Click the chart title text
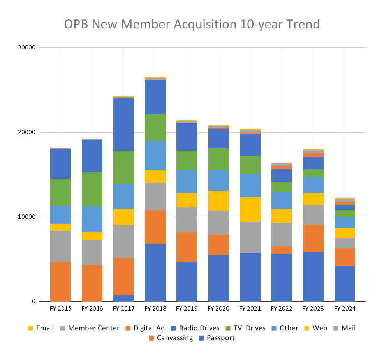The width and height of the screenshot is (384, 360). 192,24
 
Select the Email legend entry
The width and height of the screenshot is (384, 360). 41,328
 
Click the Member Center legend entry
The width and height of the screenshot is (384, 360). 90,328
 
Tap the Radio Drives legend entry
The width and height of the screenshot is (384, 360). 195,328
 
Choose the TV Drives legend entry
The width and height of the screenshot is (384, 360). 245,328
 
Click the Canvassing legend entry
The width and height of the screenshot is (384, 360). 171,338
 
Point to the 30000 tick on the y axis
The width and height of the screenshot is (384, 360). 27,48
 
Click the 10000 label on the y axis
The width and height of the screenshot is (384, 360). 27,217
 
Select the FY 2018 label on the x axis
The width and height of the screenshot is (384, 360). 155,309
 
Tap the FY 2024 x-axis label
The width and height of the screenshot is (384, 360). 345,309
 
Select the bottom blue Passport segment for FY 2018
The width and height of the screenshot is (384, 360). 155,272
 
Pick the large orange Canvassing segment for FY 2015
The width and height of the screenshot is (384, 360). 60,281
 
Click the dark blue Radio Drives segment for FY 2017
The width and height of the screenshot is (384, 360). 123,125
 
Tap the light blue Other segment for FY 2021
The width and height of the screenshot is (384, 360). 250,185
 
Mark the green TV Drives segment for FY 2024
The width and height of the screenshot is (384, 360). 345,213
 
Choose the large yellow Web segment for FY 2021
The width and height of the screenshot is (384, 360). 250,209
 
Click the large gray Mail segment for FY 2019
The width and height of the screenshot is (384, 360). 187,220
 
